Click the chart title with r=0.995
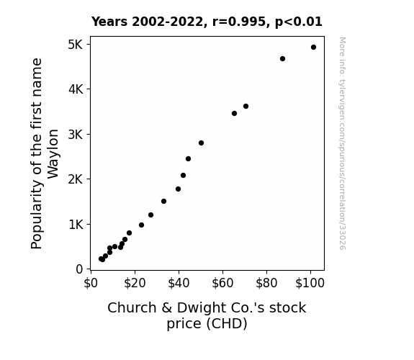point(207,22)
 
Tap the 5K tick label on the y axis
point(76,45)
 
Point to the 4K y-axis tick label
point(76,89)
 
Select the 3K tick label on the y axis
point(76,135)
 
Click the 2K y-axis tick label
point(76,179)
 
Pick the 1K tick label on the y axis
point(76,225)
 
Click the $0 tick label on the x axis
point(91,283)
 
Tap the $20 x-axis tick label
point(135,283)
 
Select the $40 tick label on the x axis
point(179,283)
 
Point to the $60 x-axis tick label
point(222,283)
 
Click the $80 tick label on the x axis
point(266,283)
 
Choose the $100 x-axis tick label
point(310,283)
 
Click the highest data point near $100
point(313,48)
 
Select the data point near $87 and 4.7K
point(282,58)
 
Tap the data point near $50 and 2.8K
point(201,143)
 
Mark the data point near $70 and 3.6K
point(246,106)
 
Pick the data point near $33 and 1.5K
point(163,202)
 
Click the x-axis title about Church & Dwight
point(207,315)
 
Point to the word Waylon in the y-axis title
point(53,153)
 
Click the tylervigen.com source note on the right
point(342,143)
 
